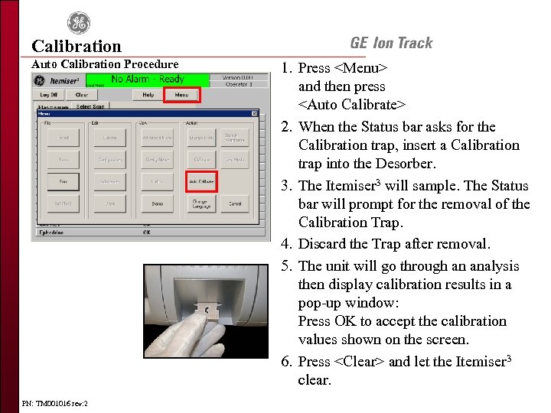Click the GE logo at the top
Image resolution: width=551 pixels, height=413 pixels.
pyautogui.click(x=77, y=23)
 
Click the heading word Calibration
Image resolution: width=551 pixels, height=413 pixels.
pyautogui.click(x=77, y=47)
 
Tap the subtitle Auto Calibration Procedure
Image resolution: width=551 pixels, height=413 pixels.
pyautogui.click(x=105, y=64)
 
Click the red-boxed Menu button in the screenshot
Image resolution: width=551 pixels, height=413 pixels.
pyautogui.click(x=181, y=95)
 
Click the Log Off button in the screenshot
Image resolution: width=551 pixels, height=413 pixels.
pyautogui.click(x=49, y=95)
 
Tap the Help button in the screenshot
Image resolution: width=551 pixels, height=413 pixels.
pyautogui.click(x=148, y=95)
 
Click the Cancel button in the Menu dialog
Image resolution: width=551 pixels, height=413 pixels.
pyautogui.click(x=235, y=204)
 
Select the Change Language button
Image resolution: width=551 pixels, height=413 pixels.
pyautogui.click(x=201, y=204)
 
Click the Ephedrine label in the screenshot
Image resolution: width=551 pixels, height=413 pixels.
pyautogui.click(x=52, y=232)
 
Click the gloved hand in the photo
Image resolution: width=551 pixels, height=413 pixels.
pyautogui.click(x=184, y=337)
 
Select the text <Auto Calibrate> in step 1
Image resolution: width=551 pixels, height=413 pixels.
pyautogui.click(x=351, y=105)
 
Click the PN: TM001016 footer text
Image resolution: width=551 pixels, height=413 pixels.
pyautogui.click(x=54, y=403)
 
